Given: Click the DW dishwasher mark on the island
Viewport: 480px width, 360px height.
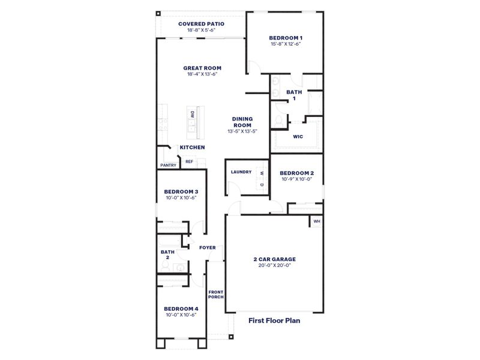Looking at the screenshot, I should [x=193, y=114].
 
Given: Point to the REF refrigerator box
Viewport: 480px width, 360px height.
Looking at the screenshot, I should [x=189, y=161].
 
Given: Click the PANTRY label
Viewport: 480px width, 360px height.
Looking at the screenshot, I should [x=168, y=166].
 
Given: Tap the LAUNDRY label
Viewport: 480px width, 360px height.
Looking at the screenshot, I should [x=241, y=172].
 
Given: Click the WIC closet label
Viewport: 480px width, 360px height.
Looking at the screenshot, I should [x=298, y=136].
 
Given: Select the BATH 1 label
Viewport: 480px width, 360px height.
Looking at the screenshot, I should [x=294, y=95].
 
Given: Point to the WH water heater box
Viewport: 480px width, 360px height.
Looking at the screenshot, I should [x=316, y=221].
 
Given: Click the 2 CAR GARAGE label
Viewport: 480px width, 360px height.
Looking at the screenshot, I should [x=274, y=259].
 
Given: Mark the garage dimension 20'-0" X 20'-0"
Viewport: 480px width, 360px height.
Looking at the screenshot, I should [x=274, y=265].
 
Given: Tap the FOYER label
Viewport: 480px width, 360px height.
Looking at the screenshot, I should [x=208, y=247].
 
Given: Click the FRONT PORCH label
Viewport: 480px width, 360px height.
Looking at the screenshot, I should [x=216, y=294].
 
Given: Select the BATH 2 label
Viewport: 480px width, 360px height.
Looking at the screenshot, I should [x=167, y=254].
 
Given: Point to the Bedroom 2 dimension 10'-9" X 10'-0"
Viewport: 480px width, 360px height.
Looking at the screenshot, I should [x=298, y=179].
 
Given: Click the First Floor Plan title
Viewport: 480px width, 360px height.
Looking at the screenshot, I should [x=274, y=320].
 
